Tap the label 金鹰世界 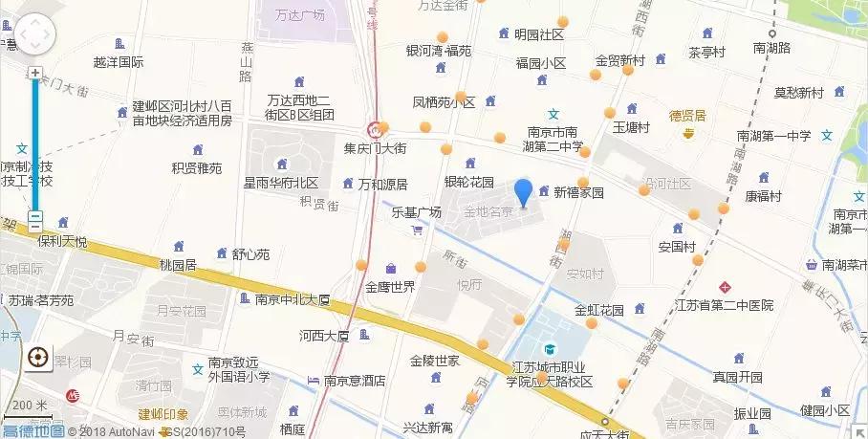pos(390,286)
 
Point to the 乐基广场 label pos(417,212)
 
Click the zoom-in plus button pos(35,73)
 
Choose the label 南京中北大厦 pos(292,299)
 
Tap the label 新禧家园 pos(578,192)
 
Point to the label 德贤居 pos(687,116)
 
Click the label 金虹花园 pos(599,310)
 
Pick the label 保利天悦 pos(61,242)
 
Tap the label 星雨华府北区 pos(280,182)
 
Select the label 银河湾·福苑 pos(439,51)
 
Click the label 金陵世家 pos(435,361)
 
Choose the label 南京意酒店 pos(354,380)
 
